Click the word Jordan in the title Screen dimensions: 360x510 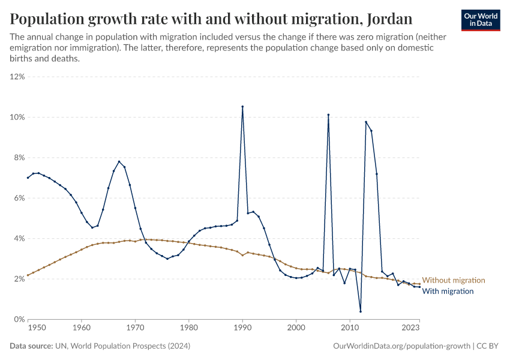coord(388,19)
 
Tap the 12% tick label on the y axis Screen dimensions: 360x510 coord(17,77)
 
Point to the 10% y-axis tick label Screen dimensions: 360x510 coord(17,117)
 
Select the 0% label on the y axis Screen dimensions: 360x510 coord(19,319)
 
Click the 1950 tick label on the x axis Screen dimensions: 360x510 coord(37,328)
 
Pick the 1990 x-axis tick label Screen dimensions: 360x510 coord(242,328)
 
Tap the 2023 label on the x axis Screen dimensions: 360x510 coord(410,328)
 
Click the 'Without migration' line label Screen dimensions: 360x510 coord(454,280)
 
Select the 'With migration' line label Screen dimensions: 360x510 coord(448,291)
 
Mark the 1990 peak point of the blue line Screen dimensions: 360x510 coord(242,107)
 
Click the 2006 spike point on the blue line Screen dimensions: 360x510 coord(328,115)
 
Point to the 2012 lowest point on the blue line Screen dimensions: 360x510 coord(361,311)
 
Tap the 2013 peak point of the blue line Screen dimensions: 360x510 coord(366,122)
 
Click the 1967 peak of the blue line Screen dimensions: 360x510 coord(119,161)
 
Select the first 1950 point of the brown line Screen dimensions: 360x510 coord(28,275)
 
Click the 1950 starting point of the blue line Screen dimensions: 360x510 coord(28,178)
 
